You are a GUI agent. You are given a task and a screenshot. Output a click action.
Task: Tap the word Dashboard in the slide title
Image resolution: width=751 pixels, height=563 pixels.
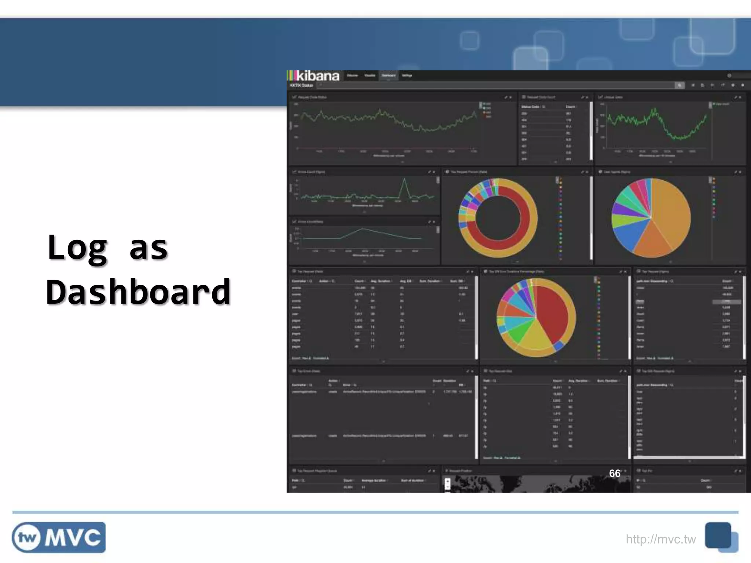coord(138,292)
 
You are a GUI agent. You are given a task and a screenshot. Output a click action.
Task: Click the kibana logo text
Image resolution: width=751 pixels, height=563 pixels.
coord(318,76)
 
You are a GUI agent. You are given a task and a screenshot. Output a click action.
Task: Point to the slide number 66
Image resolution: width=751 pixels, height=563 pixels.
coord(615,473)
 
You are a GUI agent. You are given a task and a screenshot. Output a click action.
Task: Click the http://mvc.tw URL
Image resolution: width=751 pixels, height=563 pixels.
coord(660,539)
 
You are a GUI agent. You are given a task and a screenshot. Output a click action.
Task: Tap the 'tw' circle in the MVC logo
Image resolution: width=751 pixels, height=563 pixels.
coord(27,538)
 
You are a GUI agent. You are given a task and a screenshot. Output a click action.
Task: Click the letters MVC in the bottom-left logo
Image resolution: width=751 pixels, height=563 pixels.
coord(73,538)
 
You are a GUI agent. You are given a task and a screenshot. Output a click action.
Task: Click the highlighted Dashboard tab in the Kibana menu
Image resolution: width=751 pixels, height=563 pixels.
coord(388,76)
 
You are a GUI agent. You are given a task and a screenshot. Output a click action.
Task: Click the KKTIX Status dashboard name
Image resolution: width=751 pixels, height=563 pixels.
coord(301,85)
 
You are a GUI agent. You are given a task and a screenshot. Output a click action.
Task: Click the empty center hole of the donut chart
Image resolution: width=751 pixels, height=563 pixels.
coord(498,218)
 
